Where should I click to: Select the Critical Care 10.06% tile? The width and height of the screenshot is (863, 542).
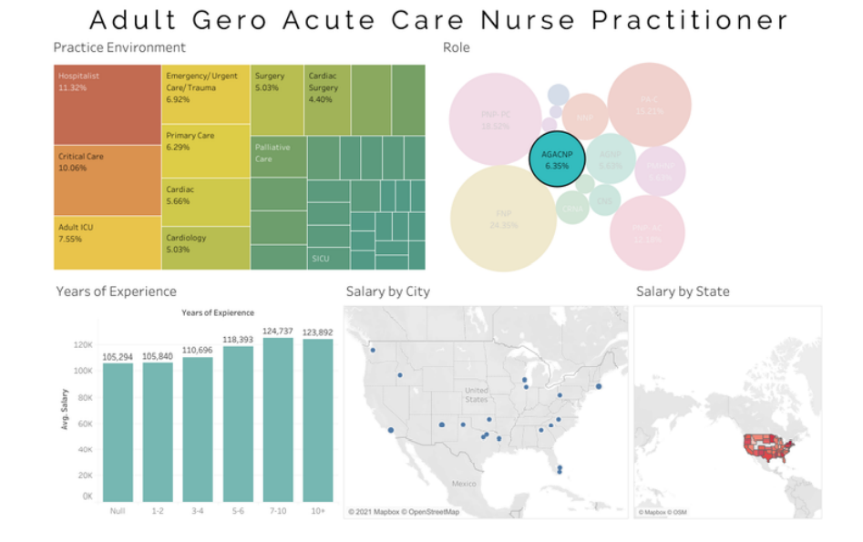(108, 179)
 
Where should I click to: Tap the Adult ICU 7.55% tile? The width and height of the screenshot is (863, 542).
(108, 241)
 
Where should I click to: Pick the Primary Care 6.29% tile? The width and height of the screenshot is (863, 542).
(206, 150)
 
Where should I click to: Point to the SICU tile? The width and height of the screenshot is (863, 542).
(327, 259)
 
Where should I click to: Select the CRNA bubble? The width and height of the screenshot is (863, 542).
(572, 209)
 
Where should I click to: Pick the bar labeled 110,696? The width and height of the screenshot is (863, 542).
(198, 429)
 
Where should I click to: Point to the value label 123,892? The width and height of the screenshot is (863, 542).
(318, 332)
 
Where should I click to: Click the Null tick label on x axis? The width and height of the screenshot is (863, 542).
(118, 511)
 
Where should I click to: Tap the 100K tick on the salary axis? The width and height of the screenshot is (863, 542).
(83, 372)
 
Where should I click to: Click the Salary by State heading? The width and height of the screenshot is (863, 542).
(683, 291)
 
